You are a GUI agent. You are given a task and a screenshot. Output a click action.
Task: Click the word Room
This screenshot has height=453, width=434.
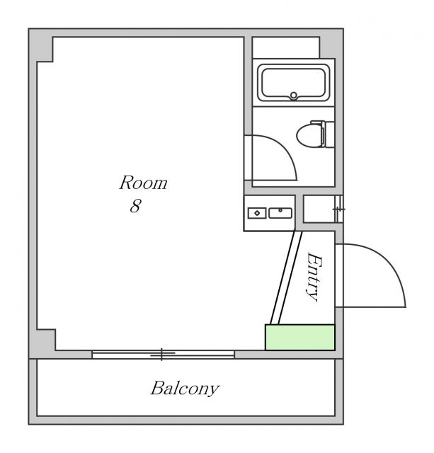tap(143, 183)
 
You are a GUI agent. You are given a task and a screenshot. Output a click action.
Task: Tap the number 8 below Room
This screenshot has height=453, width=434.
tap(135, 206)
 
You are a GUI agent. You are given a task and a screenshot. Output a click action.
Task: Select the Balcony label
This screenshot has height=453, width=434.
tap(185, 389)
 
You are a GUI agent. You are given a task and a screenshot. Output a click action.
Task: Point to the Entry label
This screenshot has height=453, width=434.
tap(314, 277)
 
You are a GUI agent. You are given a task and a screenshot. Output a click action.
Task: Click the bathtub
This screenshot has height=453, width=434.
tap(294, 83)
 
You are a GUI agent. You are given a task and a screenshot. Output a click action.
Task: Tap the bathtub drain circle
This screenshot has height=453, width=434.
tap(294, 95)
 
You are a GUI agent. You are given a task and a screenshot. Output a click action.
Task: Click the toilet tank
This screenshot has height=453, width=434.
tap(329, 134)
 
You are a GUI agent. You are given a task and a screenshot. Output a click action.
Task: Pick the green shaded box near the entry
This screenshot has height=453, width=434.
tap(300, 337)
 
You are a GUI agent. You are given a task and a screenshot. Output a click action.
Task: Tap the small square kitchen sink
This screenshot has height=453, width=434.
tap(257, 213)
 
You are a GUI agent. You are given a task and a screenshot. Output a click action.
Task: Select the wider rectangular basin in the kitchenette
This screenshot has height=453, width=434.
tap(280, 213)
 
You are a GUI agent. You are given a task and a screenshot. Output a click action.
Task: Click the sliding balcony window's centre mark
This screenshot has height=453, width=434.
tap(162, 354)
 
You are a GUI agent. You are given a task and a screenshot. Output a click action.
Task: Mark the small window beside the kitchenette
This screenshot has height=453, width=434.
tap(338, 209)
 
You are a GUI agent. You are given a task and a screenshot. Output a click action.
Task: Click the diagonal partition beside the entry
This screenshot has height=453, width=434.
tap(286, 277)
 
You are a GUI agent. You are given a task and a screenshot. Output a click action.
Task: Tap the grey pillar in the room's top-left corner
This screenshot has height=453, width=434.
tap(40, 45)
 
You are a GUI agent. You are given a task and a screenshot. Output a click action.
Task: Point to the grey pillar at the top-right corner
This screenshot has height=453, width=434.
tap(331, 43)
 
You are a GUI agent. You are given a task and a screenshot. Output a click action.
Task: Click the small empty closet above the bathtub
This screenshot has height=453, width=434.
tap(286, 47)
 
